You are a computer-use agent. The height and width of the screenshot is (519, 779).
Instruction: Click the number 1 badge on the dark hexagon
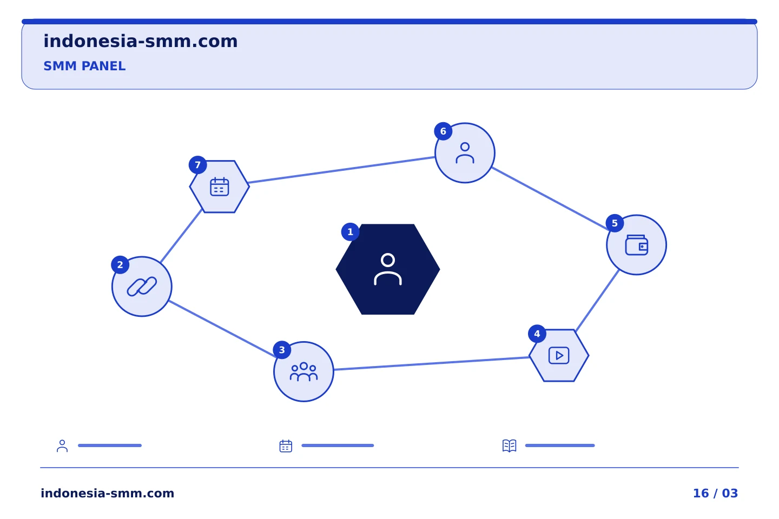coord(350,232)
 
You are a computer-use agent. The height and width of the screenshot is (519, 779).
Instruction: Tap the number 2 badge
coord(120,265)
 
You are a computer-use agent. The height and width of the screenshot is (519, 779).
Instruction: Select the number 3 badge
coord(282,350)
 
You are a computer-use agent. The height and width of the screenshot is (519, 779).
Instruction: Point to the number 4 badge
coord(537,334)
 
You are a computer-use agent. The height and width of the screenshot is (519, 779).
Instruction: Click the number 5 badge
coord(615,223)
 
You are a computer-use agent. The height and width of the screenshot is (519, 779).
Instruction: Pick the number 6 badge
coord(443,131)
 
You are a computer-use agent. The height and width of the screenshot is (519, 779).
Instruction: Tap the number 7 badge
coord(197,165)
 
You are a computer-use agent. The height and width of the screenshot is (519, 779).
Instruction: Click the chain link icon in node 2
coord(142,287)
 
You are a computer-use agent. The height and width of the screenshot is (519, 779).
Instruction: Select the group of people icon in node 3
coord(303,371)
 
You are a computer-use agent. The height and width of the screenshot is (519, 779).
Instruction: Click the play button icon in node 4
coord(559,355)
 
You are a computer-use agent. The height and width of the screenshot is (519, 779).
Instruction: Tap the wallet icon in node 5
coord(636,245)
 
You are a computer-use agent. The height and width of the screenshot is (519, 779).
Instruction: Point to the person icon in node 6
coord(465,153)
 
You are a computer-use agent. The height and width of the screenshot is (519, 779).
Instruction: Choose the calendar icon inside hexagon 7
coord(220,187)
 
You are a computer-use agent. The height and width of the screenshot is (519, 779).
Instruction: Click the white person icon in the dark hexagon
coord(388,269)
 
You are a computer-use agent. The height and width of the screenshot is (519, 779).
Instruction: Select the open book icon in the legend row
coord(510,445)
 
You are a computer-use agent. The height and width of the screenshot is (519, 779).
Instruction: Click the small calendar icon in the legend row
coord(286,446)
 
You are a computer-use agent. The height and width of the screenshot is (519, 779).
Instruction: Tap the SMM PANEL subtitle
coord(84,66)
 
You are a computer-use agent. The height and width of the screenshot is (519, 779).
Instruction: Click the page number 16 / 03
coord(715,493)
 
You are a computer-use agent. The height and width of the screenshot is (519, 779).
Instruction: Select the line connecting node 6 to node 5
coord(550,198)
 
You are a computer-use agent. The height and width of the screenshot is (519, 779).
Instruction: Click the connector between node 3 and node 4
coord(431,363)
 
